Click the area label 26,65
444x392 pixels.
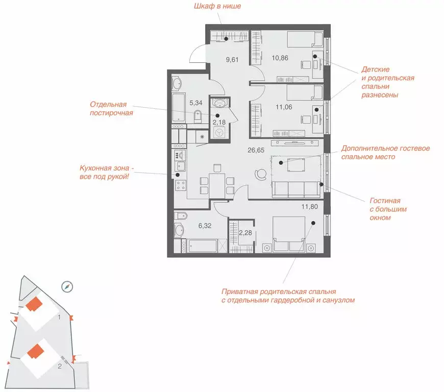(256, 150)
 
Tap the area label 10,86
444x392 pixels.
(280, 58)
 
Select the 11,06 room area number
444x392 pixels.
(284, 107)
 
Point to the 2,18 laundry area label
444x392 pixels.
(219, 122)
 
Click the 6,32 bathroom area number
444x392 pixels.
(205, 226)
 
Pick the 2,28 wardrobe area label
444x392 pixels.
(245, 233)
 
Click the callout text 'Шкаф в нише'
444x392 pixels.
(217, 6)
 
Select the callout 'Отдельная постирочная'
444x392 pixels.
(111, 109)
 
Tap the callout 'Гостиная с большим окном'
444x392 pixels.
(388, 209)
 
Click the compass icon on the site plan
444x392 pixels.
(67, 287)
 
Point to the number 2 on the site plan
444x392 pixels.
(60, 366)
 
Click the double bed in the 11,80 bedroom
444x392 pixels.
(289, 234)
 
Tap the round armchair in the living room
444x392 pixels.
(260, 174)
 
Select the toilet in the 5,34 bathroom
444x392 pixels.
(198, 117)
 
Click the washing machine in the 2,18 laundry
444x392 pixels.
(219, 133)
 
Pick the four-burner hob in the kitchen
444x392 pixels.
(180, 185)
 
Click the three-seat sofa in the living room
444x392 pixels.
(296, 189)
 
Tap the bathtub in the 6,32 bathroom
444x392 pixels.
(203, 246)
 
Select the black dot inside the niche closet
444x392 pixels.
(226, 39)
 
